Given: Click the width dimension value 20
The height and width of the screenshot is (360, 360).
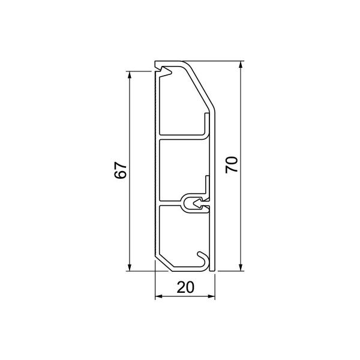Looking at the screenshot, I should pos(185,287).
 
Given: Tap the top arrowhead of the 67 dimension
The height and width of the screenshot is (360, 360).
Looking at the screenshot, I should pos(130,75).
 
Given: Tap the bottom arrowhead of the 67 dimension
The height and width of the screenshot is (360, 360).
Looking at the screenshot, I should pos(130,266).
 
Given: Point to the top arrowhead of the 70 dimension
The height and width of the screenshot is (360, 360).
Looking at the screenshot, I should pos(241,65).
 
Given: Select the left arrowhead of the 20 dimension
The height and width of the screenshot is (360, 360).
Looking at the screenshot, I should pos(158,297).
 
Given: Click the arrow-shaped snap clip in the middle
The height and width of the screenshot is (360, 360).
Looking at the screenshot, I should pos(194,202).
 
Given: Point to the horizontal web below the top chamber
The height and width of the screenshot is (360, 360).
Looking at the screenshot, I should pos(183,137).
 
